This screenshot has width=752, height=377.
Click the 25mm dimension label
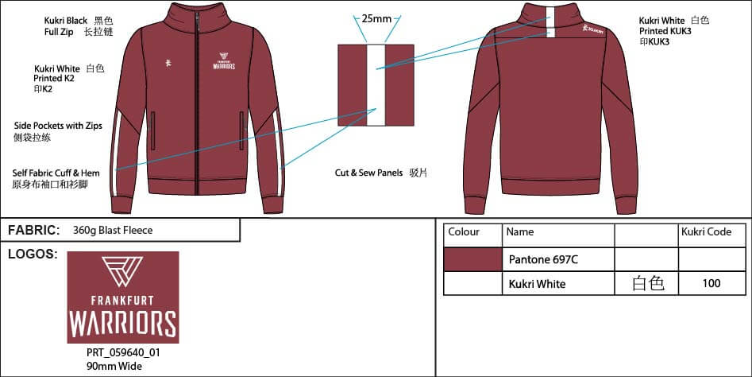376,19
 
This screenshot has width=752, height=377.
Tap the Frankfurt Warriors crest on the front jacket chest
224,61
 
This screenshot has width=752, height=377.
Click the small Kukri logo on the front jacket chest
168,62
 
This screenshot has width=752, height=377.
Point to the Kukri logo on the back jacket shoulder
592,29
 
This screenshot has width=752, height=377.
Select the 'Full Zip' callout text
59,32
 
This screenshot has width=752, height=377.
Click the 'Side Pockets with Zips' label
58,126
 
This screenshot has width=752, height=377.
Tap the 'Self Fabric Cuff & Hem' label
56,173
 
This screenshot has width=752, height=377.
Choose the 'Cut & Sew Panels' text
368,173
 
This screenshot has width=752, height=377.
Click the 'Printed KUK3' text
665,31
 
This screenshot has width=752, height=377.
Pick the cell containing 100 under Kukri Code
712,283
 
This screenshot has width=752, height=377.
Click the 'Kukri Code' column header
707,232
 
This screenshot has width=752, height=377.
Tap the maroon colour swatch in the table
472,260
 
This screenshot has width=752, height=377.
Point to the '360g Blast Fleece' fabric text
113,231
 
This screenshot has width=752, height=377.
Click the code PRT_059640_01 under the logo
123,352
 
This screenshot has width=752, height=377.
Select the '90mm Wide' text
114,366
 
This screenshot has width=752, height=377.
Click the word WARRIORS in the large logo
123,324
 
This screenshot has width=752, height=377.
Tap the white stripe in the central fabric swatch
376,85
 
